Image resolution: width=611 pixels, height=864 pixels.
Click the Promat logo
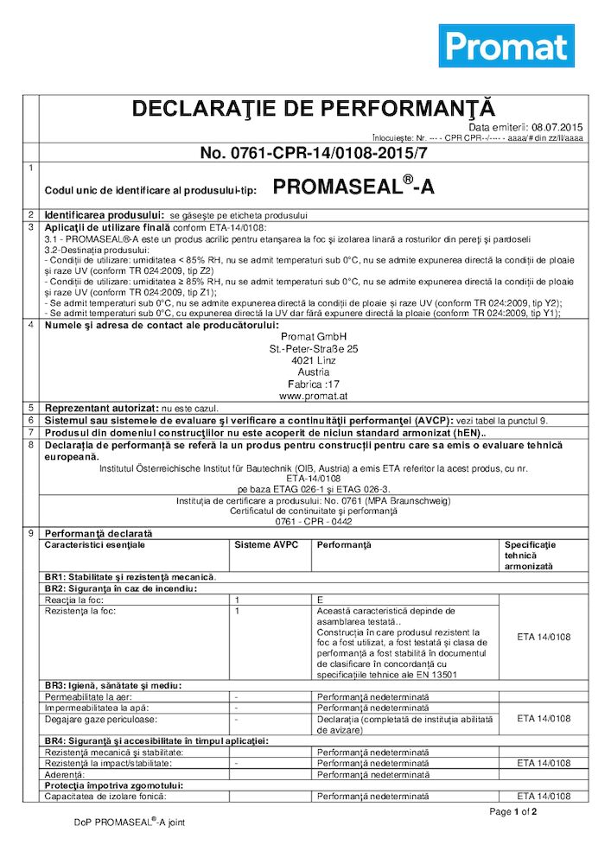point(506,45)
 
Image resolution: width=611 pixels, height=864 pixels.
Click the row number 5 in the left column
point(31,407)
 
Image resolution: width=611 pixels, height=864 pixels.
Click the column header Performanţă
point(343,546)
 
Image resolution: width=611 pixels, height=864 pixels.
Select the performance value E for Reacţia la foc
point(320,599)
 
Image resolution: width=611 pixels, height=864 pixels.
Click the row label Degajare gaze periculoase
point(95,718)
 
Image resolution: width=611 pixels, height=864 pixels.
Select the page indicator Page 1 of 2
point(513,812)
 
